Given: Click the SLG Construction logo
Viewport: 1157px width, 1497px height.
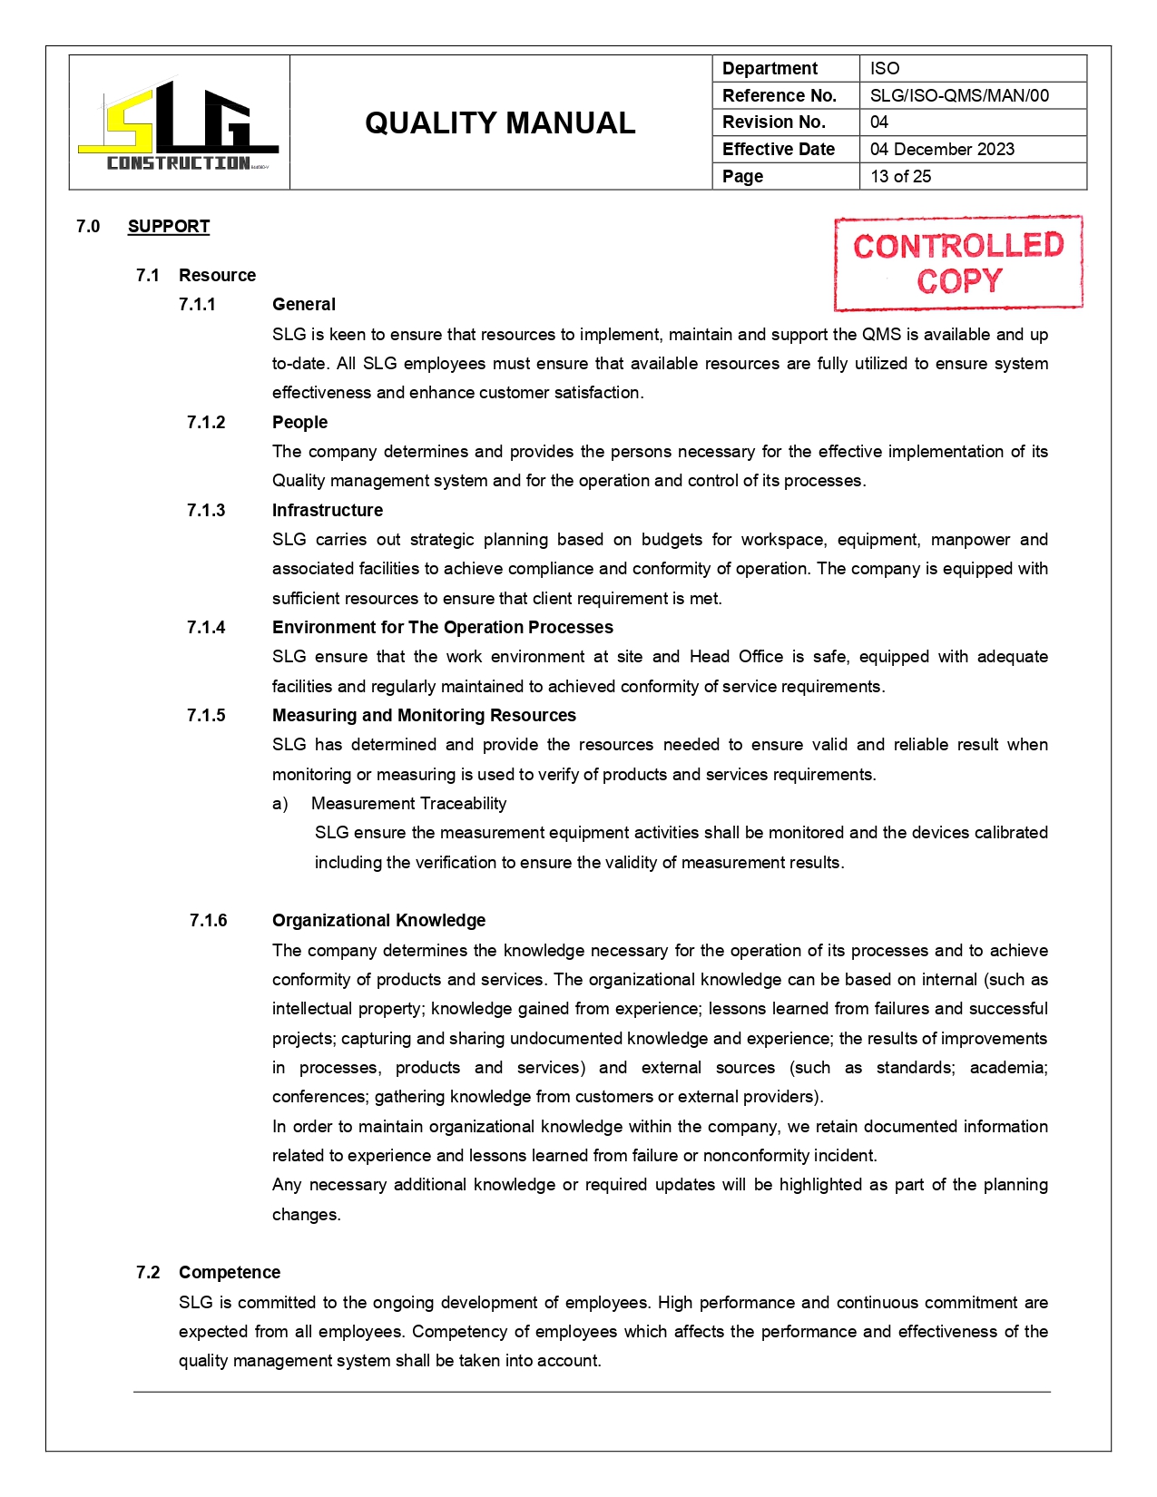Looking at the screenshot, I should (179, 124).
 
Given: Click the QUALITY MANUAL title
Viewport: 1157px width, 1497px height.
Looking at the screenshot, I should (500, 123).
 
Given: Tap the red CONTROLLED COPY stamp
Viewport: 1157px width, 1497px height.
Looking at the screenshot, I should (958, 263).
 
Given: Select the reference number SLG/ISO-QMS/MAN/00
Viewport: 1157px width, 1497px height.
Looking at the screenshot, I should (959, 95).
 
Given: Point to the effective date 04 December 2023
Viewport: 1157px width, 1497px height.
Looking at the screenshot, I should (942, 149).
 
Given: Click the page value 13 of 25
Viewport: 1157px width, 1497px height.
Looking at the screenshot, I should (900, 176).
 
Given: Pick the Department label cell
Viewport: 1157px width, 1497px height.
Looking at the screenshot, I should (770, 68).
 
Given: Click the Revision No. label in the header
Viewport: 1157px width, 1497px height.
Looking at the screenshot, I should (773, 122).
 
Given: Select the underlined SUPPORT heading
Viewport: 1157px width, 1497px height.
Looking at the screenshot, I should (169, 226).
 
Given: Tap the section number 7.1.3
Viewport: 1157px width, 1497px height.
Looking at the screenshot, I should (206, 510).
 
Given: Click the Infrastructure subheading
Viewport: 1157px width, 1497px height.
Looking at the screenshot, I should (328, 510).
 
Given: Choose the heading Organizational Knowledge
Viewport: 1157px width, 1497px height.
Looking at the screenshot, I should (378, 920).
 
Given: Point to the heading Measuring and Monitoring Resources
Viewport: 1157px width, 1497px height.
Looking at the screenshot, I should (424, 715).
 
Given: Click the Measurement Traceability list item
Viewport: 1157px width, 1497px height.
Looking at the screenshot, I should (408, 803).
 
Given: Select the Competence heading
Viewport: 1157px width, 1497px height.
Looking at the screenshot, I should (230, 1272).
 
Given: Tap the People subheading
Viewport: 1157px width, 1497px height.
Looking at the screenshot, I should (299, 422).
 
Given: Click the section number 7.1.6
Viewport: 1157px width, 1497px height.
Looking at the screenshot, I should (208, 920).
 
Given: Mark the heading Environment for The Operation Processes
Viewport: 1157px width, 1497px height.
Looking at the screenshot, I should (443, 627).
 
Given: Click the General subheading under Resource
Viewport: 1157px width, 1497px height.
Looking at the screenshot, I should (304, 304).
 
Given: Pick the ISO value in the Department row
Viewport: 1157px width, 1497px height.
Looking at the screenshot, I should (885, 68).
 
